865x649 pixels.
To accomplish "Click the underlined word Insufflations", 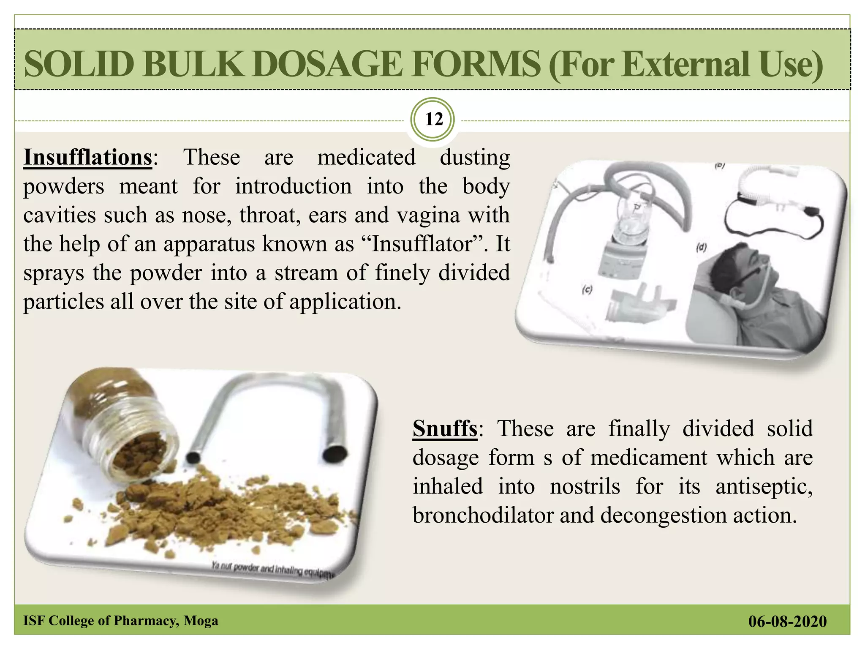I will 87,158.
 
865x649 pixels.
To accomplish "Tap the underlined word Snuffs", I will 445,428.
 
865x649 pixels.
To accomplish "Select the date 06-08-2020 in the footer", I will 787,622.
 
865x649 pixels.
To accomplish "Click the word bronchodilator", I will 483,515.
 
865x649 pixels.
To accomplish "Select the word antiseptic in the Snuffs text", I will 764,487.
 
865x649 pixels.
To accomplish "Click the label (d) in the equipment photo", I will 701,247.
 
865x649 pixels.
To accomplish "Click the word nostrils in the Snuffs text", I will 585,487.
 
